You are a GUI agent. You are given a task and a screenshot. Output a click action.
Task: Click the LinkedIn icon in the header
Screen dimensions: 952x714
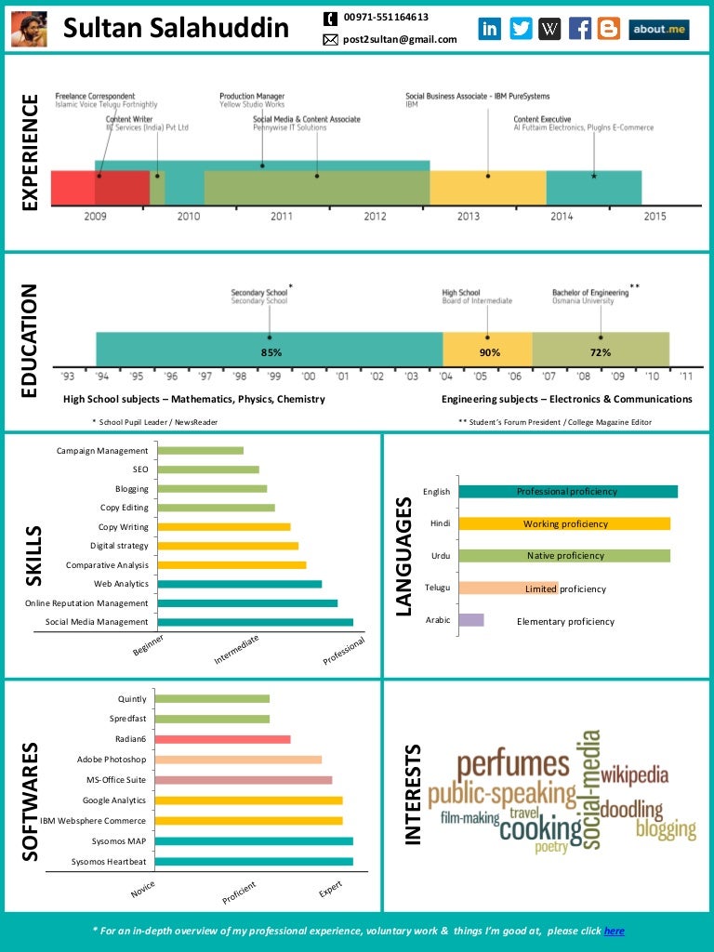click(x=489, y=29)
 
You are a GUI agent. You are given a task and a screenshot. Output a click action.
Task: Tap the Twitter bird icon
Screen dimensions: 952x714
click(x=521, y=29)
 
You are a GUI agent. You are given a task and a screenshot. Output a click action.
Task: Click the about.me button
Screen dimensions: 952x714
click(x=659, y=29)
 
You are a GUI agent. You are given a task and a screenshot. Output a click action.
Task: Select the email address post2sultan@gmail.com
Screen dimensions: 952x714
click(x=400, y=40)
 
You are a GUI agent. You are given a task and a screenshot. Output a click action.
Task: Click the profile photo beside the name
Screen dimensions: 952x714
click(x=29, y=29)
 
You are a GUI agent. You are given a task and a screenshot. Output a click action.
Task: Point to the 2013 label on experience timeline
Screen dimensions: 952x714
click(x=468, y=216)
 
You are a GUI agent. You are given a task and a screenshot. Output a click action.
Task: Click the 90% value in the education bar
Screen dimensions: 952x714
click(x=489, y=352)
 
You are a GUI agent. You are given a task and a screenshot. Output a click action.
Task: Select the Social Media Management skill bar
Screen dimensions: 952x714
click(x=256, y=622)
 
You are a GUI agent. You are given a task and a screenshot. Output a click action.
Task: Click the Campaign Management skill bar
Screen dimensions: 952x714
click(x=201, y=451)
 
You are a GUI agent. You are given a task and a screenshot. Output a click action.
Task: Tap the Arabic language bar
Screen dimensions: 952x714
click(x=471, y=620)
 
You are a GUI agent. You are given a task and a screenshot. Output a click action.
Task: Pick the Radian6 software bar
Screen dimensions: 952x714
click(x=222, y=739)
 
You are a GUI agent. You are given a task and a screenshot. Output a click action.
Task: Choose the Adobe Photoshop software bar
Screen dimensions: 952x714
click(x=238, y=760)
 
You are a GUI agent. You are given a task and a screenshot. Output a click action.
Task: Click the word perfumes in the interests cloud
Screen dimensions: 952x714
click(x=512, y=765)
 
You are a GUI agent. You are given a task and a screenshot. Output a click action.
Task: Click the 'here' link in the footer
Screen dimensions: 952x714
click(x=614, y=931)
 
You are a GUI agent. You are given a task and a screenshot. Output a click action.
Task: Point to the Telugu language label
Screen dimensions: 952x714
click(x=437, y=588)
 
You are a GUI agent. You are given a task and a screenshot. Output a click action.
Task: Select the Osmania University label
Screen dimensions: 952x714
click(x=582, y=301)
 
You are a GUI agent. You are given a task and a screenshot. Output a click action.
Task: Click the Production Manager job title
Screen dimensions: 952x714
click(x=252, y=96)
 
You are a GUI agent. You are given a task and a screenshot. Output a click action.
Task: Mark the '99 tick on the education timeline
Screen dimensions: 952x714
click(x=274, y=377)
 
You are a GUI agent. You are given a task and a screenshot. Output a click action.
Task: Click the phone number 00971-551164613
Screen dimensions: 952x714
click(x=386, y=18)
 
